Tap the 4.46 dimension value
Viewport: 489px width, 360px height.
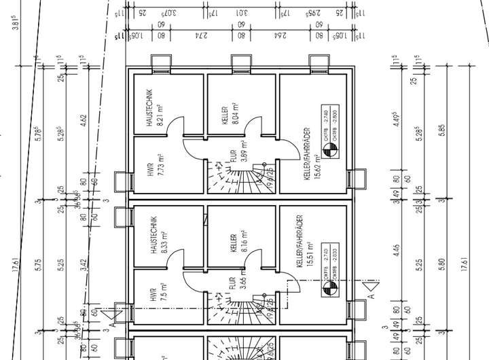pos(397,251)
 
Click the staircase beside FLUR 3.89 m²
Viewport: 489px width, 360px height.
pos(243,179)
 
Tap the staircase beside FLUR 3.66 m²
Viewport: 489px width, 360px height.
pos(243,307)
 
